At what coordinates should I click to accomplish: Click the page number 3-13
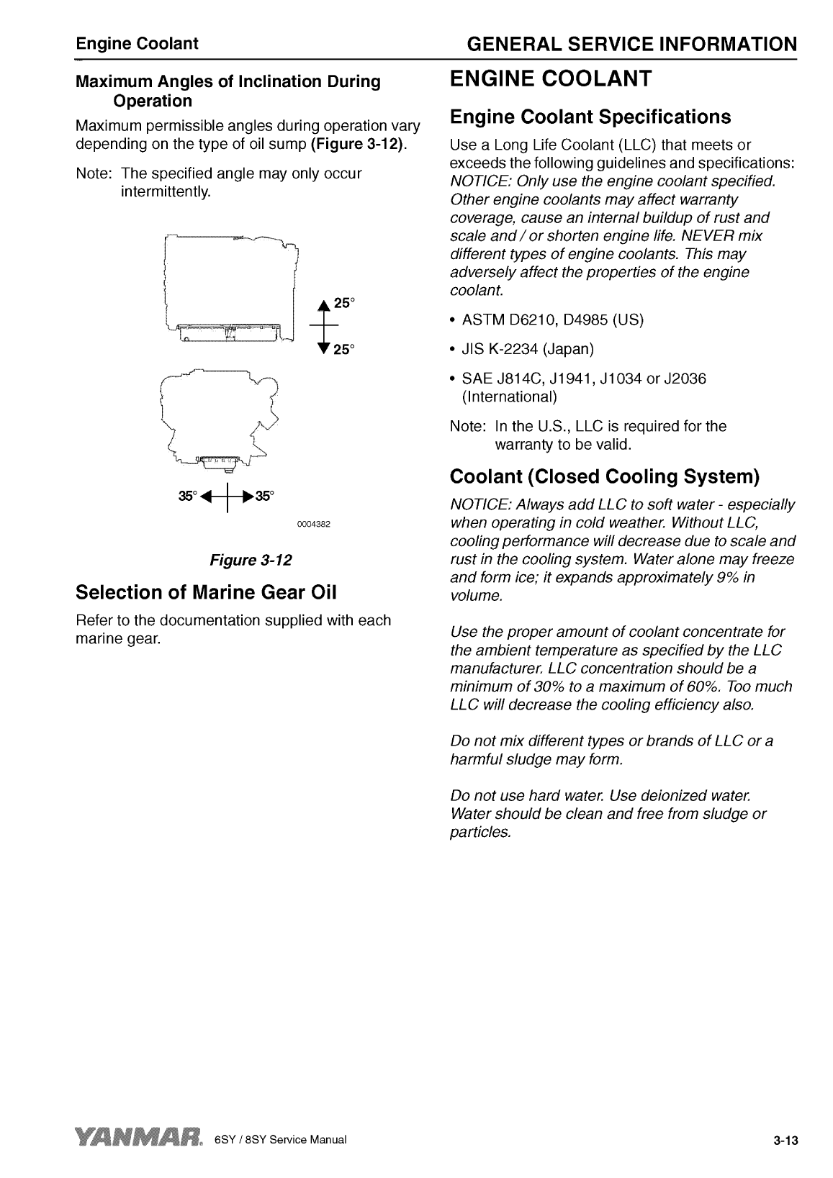(787, 1141)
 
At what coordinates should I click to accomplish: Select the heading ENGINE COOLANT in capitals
(551, 78)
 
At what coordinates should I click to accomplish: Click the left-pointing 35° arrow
(209, 496)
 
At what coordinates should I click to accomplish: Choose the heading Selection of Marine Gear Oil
(206, 592)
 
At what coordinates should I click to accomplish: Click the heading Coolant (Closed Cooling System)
(605, 476)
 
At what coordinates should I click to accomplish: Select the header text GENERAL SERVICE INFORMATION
(631, 45)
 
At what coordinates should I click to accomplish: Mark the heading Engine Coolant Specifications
(590, 117)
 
